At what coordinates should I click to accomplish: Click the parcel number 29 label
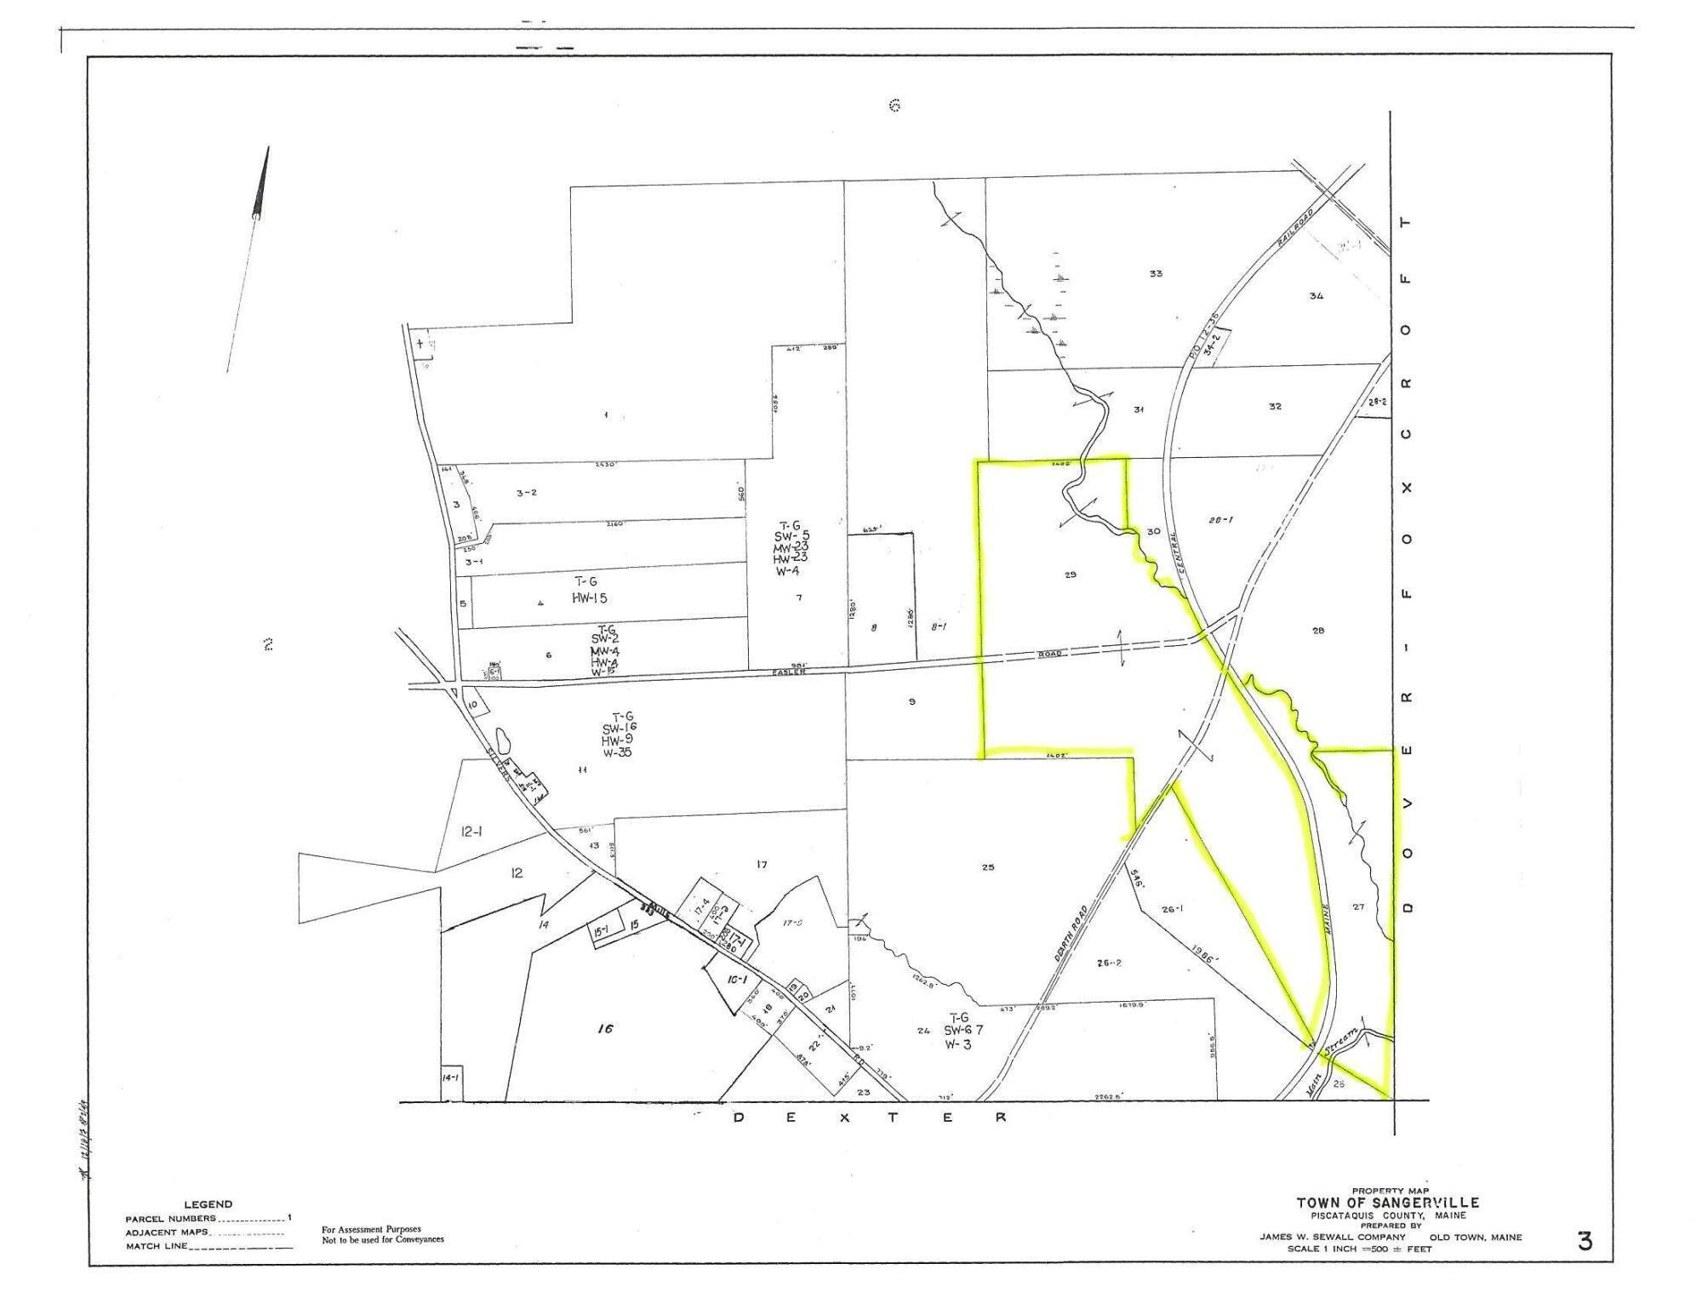click(1071, 575)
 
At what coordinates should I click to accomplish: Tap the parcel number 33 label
click(1156, 274)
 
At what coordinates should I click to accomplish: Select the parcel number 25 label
click(988, 868)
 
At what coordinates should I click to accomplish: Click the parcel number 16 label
click(605, 1029)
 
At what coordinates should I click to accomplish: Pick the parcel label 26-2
click(1109, 963)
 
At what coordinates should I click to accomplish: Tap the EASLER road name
click(788, 672)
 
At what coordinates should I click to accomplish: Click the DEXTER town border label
click(868, 1118)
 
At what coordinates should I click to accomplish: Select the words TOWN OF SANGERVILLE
click(1387, 1203)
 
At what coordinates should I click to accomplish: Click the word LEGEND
click(208, 1204)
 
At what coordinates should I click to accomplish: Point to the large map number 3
click(1585, 1242)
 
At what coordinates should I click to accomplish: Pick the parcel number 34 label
click(1316, 296)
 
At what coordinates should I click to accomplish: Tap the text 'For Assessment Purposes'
click(371, 1229)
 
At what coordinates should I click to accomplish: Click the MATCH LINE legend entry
click(157, 1246)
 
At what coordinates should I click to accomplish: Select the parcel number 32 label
click(1274, 407)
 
